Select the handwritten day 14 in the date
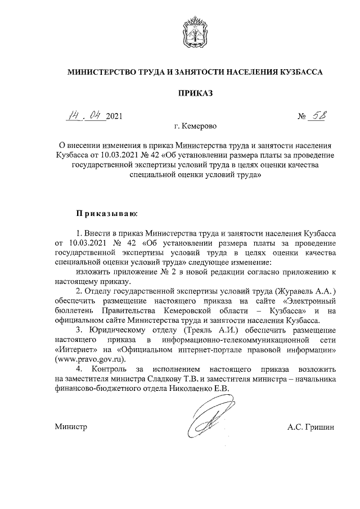pos(73,116)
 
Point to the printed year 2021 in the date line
pos(112,117)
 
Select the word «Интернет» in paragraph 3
pos(76,350)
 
